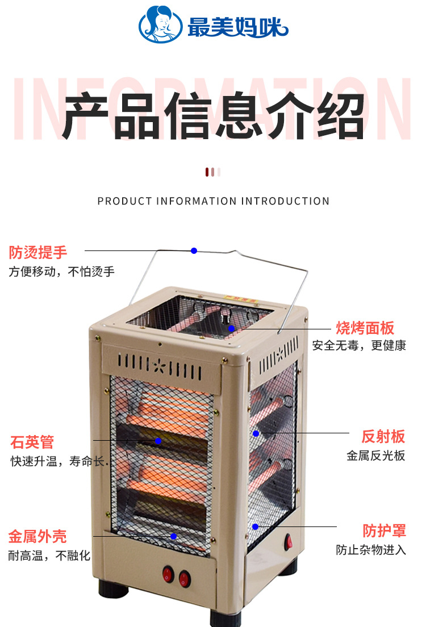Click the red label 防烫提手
click(38, 252)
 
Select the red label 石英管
click(32, 441)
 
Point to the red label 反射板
click(383, 436)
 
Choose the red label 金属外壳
click(37, 536)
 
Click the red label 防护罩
click(385, 531)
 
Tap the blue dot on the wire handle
click(194, 250)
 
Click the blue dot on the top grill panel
click(232, 328)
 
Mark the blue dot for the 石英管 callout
click(158, 440)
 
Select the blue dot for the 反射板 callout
click(256, 433)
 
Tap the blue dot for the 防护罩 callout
click(256, 526)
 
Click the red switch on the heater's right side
click(289, 542)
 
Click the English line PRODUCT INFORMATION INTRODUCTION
click(213, 201)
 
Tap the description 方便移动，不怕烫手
click(61, 271)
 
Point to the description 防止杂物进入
click(371, 550)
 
